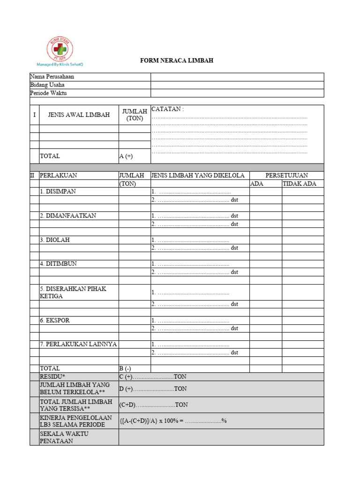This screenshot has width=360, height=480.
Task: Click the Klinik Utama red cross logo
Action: point(60,49)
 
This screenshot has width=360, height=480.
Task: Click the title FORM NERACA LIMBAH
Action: point(177,61)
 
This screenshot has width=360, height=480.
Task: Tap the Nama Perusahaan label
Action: point(52,77)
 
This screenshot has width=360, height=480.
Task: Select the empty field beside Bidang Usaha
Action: point(237,85)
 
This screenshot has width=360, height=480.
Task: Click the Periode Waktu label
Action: point(49,93)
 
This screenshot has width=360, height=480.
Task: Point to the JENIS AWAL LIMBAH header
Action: point(79,115)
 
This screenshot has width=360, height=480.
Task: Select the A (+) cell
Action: point(126,156)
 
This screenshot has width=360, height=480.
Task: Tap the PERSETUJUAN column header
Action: point(286,175)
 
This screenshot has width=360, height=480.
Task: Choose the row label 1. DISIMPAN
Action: point(58,192)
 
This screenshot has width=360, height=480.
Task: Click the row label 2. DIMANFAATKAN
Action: point(68,216)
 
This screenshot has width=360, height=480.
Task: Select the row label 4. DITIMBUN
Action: point(58,264)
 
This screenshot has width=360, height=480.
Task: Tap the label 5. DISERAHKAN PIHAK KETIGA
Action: point(73,292)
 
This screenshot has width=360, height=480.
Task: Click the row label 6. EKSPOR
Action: point(55,320)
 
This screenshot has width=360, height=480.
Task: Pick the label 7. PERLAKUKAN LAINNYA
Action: point(78,344)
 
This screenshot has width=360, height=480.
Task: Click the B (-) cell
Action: point(125,368)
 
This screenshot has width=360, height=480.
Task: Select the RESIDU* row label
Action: point(52,377)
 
